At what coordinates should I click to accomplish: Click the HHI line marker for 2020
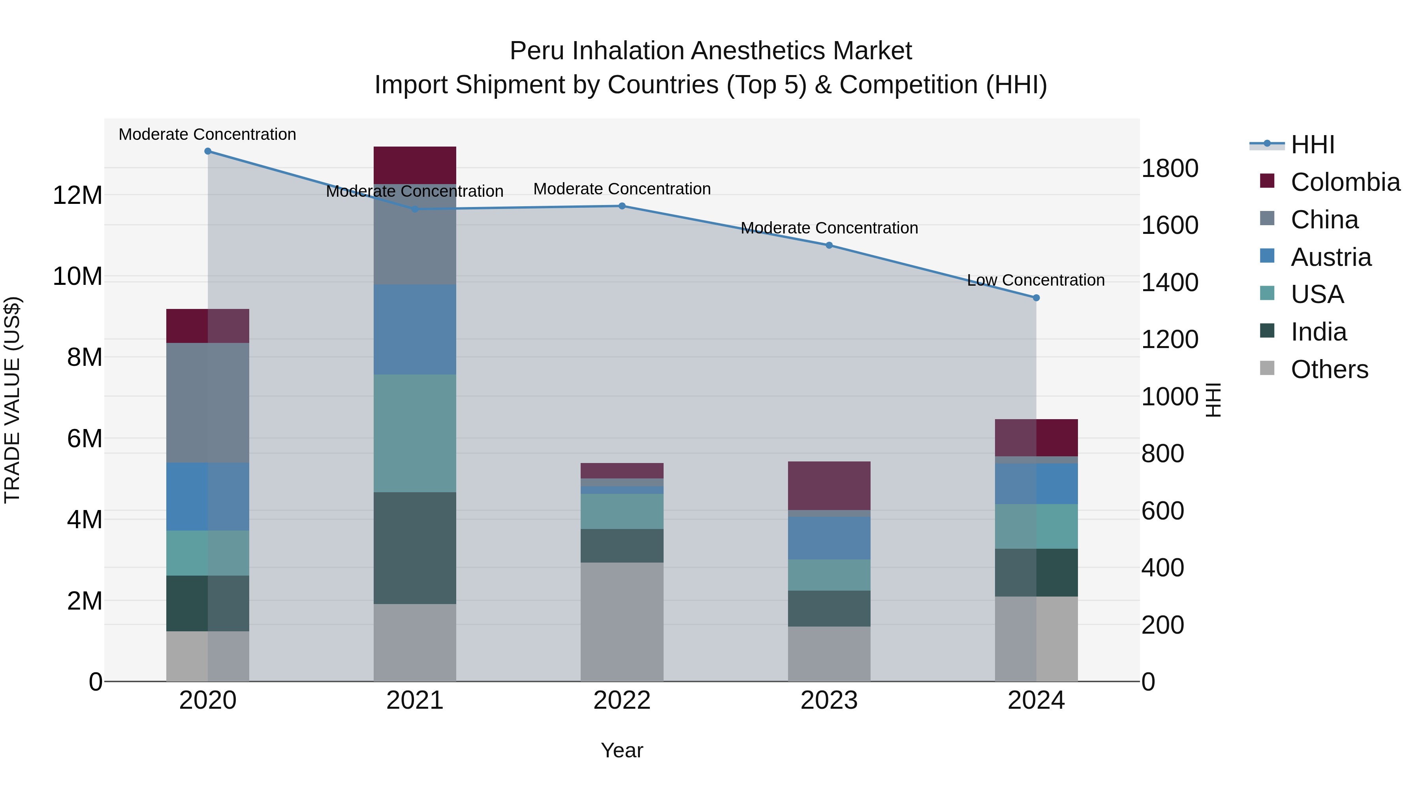tap(207, 151)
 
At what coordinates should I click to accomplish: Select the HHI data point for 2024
tap(1036, 297)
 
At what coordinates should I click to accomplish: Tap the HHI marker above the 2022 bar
tap(622, 206)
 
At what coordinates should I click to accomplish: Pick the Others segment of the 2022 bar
tap(622, 622)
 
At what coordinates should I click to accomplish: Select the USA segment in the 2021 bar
tap(415, 433)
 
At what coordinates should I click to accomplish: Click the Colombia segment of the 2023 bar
tap(829, 485)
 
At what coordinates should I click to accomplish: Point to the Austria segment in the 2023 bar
tap(829, 538)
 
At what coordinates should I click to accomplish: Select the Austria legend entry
tap(1330, 257)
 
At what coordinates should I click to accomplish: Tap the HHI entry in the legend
tap(1312, 145)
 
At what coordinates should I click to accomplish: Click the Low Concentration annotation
tap(1036, 280)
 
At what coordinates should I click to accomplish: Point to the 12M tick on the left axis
tap(77, 196)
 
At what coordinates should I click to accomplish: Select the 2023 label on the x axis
tap(829, 700)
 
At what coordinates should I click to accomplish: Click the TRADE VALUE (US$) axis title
tap(12, 400)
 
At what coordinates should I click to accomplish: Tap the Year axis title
tap(622, 750)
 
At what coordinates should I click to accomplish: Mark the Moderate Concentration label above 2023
tap(829, 228)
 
